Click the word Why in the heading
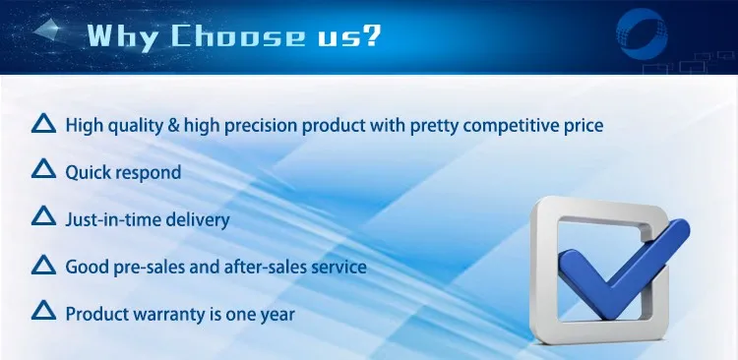point(122,36)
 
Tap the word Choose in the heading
point(237,35)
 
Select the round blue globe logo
point(642,33)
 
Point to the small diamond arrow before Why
point(47,30)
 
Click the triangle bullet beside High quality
point(43,123)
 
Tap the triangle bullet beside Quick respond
point(43,168)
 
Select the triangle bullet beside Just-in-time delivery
point(43,215)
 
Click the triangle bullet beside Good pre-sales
point(43,265)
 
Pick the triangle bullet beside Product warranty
point(43,310)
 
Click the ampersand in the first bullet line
point(173,126)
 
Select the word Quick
point(88,172)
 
